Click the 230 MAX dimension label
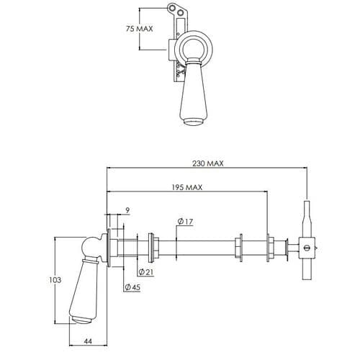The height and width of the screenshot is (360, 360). (209, 163)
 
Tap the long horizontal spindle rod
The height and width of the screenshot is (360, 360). (202, 247)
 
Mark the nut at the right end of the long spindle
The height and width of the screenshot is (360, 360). (242, 247)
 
